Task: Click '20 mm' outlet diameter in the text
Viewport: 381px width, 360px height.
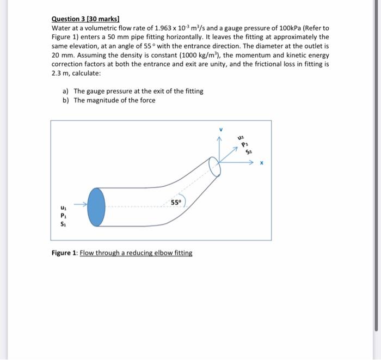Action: pos(60,55)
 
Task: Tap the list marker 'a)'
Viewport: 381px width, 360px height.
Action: pos(66,91)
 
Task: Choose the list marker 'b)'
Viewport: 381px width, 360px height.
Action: pos(66,100)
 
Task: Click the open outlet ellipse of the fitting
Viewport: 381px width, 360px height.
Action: pos(215,167)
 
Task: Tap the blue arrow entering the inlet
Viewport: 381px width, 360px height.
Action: pos(80,205)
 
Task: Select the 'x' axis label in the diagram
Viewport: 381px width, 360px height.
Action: pos(262,162)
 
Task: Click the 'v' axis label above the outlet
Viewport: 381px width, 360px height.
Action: pos(220,130)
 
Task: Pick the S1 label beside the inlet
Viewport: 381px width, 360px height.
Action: pos(64,223)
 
